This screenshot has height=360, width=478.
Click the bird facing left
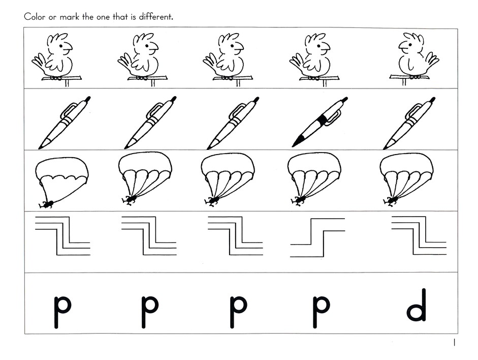click(415, 59)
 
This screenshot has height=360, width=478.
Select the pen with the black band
click(320, 122)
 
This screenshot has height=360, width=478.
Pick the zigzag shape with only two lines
click(317, 237)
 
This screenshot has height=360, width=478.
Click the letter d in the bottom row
click(417, 305)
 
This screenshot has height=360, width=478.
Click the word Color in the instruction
click(35, 17)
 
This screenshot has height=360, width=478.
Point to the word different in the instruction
click(156, 17)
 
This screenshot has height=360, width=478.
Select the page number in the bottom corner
click(454, 342)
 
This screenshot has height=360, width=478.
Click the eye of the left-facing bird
click(410, 45)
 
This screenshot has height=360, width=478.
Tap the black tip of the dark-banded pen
click(299, 141)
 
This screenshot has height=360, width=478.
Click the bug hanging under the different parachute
click(47, 204)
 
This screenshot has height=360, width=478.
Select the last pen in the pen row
click(409, 123)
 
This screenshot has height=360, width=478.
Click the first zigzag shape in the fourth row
click(63, 236)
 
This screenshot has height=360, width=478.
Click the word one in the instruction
click(103, 17)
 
